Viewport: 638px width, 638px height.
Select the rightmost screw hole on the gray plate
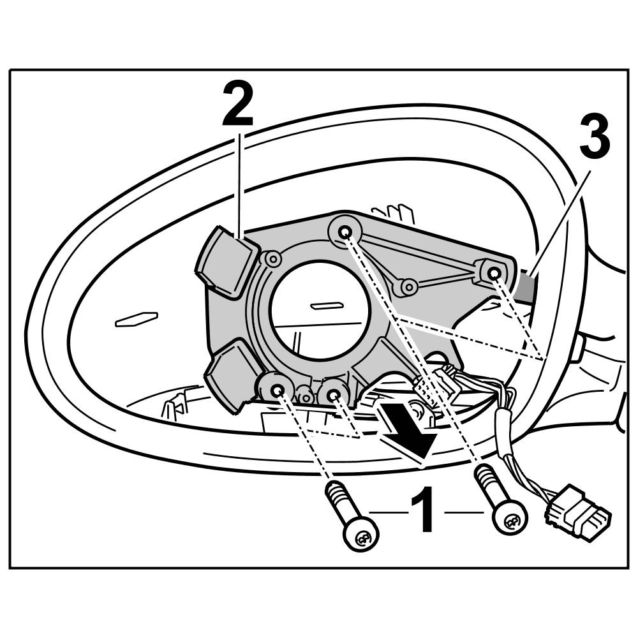(x=494, y=274)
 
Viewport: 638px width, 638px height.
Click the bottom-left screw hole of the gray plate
(x=277, y=389)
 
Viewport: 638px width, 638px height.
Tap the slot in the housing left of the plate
(x=135, y=319)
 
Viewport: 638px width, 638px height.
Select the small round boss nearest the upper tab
(x=273, y=259)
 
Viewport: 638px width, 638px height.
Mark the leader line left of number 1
(x=386, y=512)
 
